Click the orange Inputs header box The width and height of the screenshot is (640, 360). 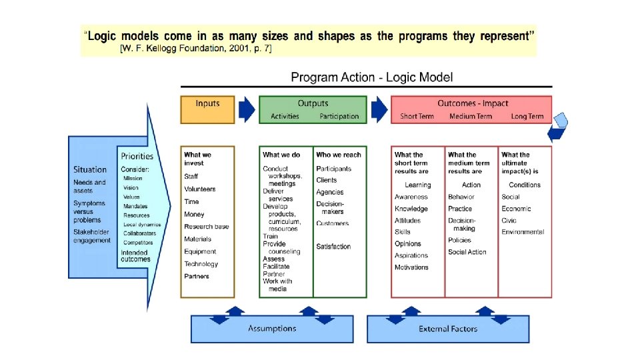click(x=207, y=109)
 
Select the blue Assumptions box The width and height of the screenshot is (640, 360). click(x=272, y=329)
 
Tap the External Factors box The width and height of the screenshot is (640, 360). click(x=448, y=329)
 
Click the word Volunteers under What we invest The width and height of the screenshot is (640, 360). click(x=200, y=189)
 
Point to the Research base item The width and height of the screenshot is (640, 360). click(x=206, y=227)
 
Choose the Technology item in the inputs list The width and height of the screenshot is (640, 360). click(x=201, y=264)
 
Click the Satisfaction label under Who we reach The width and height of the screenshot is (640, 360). click(x=333, y=247)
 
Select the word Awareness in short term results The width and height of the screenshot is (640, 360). click(x=411, y=197)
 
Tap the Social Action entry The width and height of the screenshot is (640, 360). click(x=467, y=252)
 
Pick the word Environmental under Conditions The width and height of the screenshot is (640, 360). click(x=523, y=232)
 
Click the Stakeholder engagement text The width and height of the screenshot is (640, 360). click(x=92, y=236)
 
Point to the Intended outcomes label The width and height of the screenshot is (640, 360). click(x=135, y=256)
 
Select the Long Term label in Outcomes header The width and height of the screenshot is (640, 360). click(x=527, y=117)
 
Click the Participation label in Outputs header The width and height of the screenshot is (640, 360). click(x=339, y=117)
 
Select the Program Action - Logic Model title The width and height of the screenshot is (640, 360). click(x=371, y=77)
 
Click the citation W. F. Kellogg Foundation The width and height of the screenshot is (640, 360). click(x=195, y=49)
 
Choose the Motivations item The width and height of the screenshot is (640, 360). click(x=411, y=267)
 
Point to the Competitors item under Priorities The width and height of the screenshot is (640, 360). click(x=138, y=243)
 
